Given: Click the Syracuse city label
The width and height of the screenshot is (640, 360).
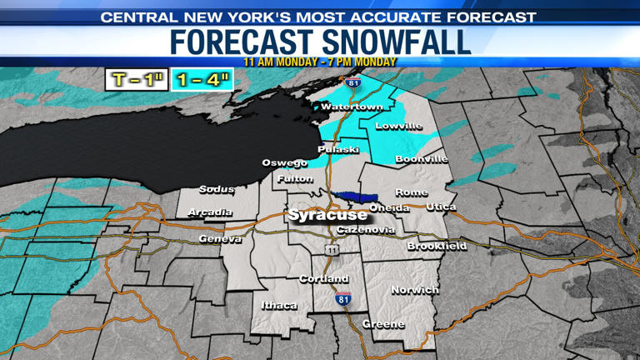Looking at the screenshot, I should point(327,215).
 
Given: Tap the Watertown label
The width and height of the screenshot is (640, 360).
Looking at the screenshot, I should point(352,107).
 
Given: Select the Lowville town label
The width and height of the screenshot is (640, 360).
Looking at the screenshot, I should point(398,127).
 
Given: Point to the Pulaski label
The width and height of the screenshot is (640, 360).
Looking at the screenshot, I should point(338,149).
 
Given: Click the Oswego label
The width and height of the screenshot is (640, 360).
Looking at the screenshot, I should point(285,162).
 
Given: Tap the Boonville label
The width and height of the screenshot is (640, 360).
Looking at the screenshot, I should point(422,158).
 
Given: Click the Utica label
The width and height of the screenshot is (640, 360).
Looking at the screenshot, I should point(441,206).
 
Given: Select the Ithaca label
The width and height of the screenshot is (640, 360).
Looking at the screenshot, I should point(279,306).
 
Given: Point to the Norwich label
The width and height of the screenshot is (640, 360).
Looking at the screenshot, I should point(415,290).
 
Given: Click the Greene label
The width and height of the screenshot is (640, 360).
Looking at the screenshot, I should point(383,324).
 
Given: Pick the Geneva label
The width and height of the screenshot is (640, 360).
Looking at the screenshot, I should point(220,239).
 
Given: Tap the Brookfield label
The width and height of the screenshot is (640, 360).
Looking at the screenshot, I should point(437,247).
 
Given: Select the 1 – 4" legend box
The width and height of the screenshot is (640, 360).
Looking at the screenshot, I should point(202,80).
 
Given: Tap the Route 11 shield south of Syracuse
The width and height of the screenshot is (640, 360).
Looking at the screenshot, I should point(332,250).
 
